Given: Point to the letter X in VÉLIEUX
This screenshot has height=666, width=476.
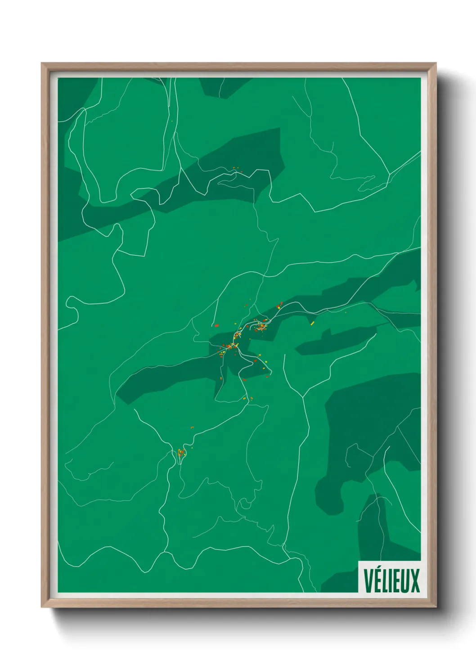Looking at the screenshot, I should click(x=415, y=581).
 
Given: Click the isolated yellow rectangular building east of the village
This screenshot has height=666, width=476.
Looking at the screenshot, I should click(x=312, y=323).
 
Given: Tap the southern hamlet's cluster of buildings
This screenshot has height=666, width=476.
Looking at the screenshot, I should click(x=181, y=452).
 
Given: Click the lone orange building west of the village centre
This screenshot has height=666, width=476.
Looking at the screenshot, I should click(x=216, y=325).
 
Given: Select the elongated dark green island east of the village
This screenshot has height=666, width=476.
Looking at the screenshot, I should click(x=335, y=341).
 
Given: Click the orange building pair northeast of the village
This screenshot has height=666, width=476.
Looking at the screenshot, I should click(x=280, y=305).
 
